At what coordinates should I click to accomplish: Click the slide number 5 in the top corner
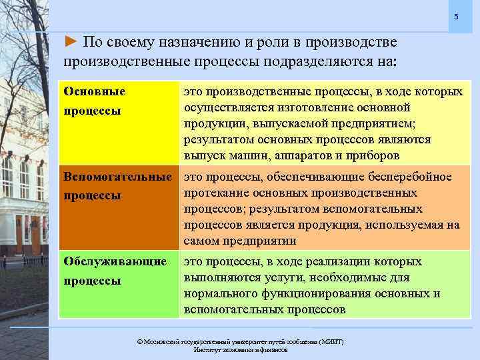(456, 16)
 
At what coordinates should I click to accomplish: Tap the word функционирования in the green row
(309, 293)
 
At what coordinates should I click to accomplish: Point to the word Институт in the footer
(208, 349)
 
